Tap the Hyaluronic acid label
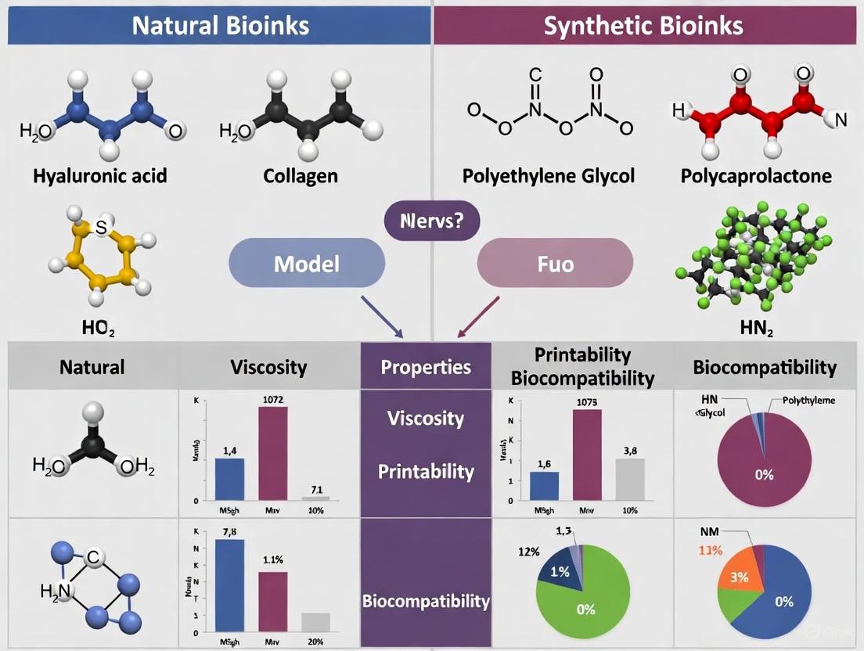point(99,175)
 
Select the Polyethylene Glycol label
point(547,175)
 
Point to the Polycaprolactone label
point(755,175)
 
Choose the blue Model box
point(307,263)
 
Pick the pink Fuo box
point(554,263)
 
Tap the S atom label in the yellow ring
point(100,228)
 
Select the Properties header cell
point(426,366)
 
